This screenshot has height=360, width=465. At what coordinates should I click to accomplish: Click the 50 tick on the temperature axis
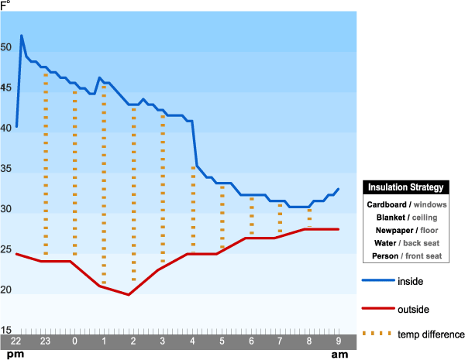coord(6,47)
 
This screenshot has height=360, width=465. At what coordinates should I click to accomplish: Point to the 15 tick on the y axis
coord(6,331)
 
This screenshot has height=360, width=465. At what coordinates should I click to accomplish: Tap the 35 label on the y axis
coord(6,169)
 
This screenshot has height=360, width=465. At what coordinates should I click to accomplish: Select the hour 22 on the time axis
coord(16,341)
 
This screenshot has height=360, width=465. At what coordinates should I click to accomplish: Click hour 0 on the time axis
coord(74,341)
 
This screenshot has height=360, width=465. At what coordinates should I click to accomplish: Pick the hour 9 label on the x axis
coord(338,341)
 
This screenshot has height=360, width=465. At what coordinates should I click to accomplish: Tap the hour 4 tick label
coord(192,341)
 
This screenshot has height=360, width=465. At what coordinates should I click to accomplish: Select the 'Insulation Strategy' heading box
coord(405,187)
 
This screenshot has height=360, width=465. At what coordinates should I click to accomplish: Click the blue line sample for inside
coord(375,281)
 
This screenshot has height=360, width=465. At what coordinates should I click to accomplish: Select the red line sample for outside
coord(375,308)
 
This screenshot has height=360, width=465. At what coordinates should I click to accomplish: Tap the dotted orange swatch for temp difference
coord(375,334)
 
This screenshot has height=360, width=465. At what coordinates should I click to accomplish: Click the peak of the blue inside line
coord(22,36)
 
